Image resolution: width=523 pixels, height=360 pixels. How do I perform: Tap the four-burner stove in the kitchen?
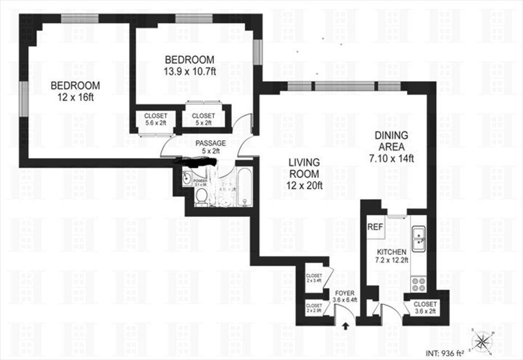coord(419,284)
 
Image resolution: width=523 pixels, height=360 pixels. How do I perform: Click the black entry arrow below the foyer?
coord(347,327)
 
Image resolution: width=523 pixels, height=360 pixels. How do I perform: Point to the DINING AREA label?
coord(391,141)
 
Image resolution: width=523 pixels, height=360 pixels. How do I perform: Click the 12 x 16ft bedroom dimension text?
coord(75,98)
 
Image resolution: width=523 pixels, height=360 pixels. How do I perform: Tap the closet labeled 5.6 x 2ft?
coord(156,119)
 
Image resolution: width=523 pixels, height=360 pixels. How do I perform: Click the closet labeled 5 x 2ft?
coord(203,119)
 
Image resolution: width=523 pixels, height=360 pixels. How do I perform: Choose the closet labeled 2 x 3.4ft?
coord(314,279)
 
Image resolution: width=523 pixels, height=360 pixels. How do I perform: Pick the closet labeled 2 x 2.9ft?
coord(314,308)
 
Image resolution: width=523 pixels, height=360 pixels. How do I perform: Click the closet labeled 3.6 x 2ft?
coord(425,308)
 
